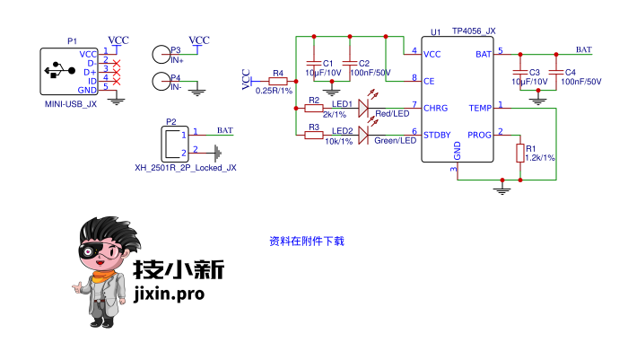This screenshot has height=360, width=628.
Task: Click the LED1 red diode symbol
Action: [363, 108]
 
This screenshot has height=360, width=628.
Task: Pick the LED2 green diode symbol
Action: [363, 135]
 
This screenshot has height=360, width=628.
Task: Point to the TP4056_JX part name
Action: [474, 31]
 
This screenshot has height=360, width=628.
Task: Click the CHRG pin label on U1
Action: [436, 108]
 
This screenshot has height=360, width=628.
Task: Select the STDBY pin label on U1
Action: [438, 135]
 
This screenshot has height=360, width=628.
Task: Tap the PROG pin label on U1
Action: [480, 135]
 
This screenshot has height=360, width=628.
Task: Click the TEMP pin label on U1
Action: [480, 108]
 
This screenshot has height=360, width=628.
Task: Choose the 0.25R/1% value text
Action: [275, 91]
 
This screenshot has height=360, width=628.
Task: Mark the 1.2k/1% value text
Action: [539, 157]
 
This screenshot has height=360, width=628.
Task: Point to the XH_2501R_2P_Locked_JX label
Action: [186, 167]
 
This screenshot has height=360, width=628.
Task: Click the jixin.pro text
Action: [168, 293]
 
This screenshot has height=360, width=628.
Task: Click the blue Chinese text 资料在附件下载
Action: [307, 241]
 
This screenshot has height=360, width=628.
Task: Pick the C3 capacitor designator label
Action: [535, 72]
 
